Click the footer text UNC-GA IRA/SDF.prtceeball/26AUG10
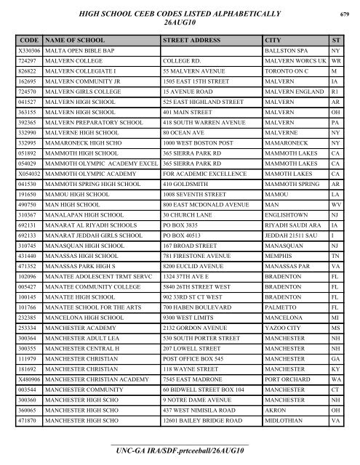[179, 452]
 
